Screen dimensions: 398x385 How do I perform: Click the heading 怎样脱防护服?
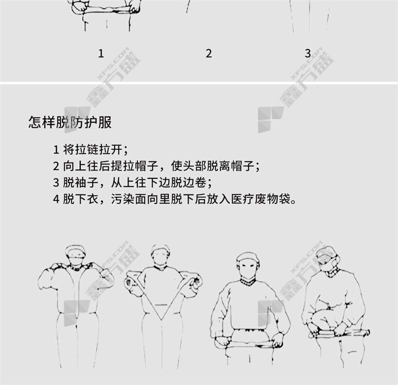point(70,122)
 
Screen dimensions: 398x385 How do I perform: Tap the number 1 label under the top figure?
point(101,53)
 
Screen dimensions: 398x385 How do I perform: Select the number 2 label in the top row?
point(209,53)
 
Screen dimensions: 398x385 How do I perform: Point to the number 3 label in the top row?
point(308,53)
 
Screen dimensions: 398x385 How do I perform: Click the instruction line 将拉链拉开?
point(90,149)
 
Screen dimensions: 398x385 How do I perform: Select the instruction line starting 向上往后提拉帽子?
point(157,166)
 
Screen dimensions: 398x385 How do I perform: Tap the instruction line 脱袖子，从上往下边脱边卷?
point(132,182)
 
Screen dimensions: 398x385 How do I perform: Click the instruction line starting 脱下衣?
point(175,199)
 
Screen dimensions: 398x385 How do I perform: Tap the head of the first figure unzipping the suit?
point(75,255)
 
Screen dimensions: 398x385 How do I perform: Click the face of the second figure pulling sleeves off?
point(160,255)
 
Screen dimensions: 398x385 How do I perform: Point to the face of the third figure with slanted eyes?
point(248,266)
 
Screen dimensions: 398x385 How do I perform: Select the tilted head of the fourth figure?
point(327,259)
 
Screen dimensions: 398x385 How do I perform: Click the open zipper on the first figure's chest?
point(75,291)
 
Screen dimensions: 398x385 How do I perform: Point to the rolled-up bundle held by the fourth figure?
point(338,333)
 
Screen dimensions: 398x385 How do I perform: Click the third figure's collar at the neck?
point(248,282)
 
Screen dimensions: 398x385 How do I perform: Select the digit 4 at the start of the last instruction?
point(56,199)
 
